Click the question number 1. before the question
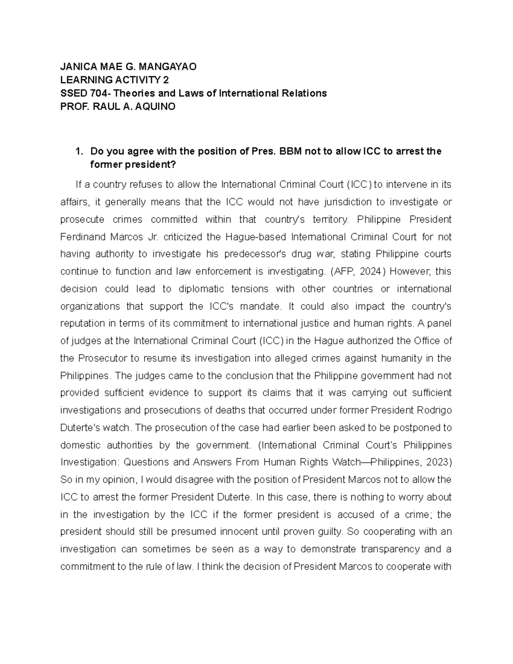click(78, 151)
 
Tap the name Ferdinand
click(82, 237)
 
